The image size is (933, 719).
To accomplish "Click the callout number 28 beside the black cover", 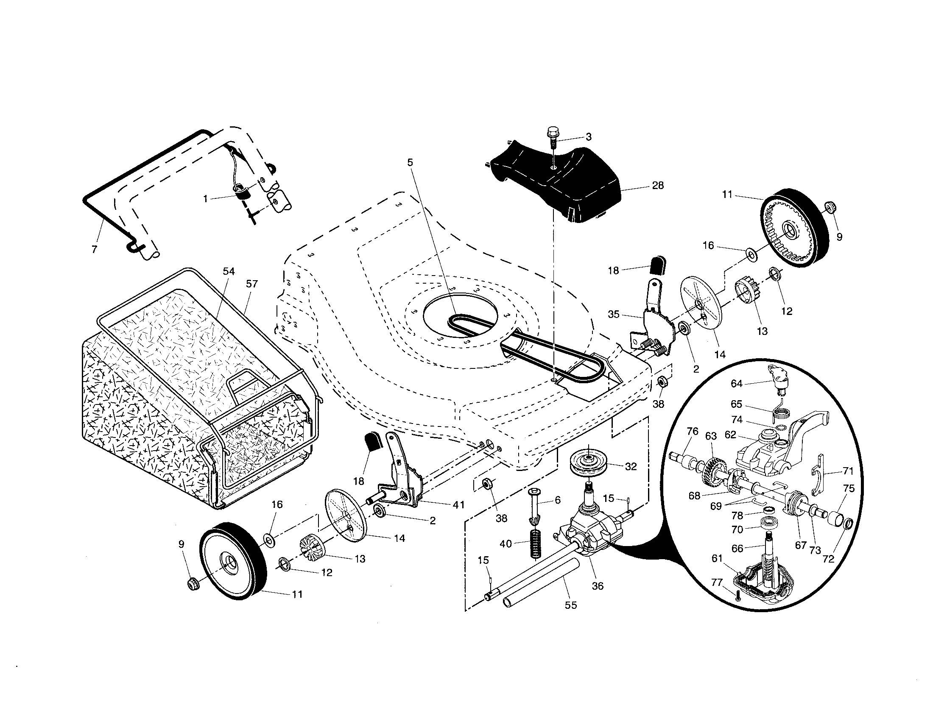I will pos(658,185).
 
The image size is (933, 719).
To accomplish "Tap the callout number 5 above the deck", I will pos(410,162).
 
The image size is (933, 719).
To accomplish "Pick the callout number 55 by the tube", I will pos(571,605).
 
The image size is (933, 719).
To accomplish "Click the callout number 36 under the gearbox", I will pos(598,586).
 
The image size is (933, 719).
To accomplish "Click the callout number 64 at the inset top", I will pos(737,383).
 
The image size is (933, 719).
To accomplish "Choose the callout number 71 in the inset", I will pos(848,471).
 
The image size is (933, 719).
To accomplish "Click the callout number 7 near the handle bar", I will pos(95,249).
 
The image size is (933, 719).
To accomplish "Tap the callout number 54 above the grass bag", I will pos(229,271).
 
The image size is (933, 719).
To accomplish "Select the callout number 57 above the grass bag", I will pos(252,284).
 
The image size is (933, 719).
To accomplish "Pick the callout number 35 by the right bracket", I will pos(614,314).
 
